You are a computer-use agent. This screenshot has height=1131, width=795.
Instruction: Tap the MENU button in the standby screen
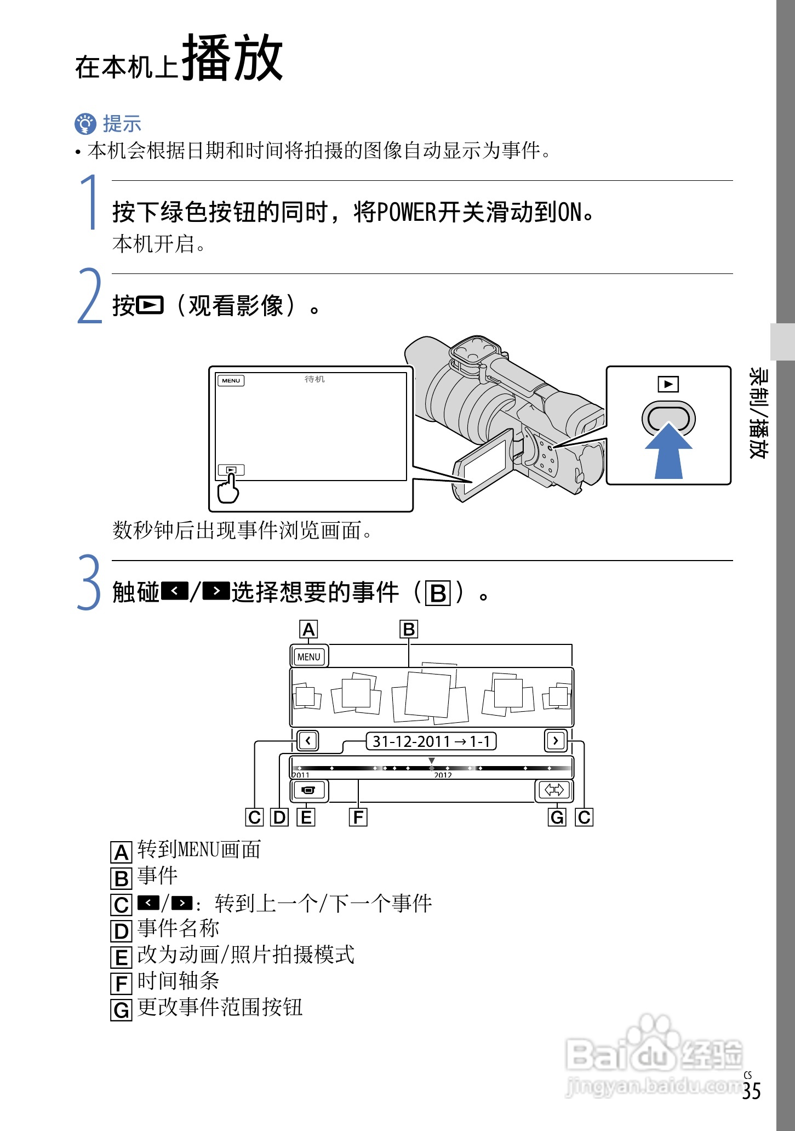[231, 380]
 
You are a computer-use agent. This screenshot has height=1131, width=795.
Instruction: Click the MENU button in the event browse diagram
[309, 656]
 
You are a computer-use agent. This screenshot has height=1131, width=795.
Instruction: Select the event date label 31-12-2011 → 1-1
[431, 741]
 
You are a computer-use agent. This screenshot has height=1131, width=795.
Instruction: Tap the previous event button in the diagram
[308, 741]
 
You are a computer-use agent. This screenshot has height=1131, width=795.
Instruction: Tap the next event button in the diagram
[556, 741]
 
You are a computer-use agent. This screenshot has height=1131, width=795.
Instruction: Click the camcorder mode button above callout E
[309, 790]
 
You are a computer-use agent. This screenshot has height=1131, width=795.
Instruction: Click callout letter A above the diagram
[309, 630]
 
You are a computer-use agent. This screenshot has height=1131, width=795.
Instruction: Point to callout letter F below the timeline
[358, 818]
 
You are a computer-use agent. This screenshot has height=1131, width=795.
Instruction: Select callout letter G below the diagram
[557, 818]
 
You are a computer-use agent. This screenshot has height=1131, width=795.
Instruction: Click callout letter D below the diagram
[280, 818]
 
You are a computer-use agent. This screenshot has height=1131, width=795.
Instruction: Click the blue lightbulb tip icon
[85, 124]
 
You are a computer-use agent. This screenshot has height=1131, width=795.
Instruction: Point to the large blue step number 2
[89, 295]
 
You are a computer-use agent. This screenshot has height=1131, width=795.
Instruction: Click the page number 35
[752, 1091]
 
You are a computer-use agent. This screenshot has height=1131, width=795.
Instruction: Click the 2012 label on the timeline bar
[443, 775]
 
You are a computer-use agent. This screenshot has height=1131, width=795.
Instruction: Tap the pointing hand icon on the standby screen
[228, 488]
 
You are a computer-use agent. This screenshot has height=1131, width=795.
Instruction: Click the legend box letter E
[122, 957]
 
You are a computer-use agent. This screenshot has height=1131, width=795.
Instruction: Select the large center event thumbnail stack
[430, 693]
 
